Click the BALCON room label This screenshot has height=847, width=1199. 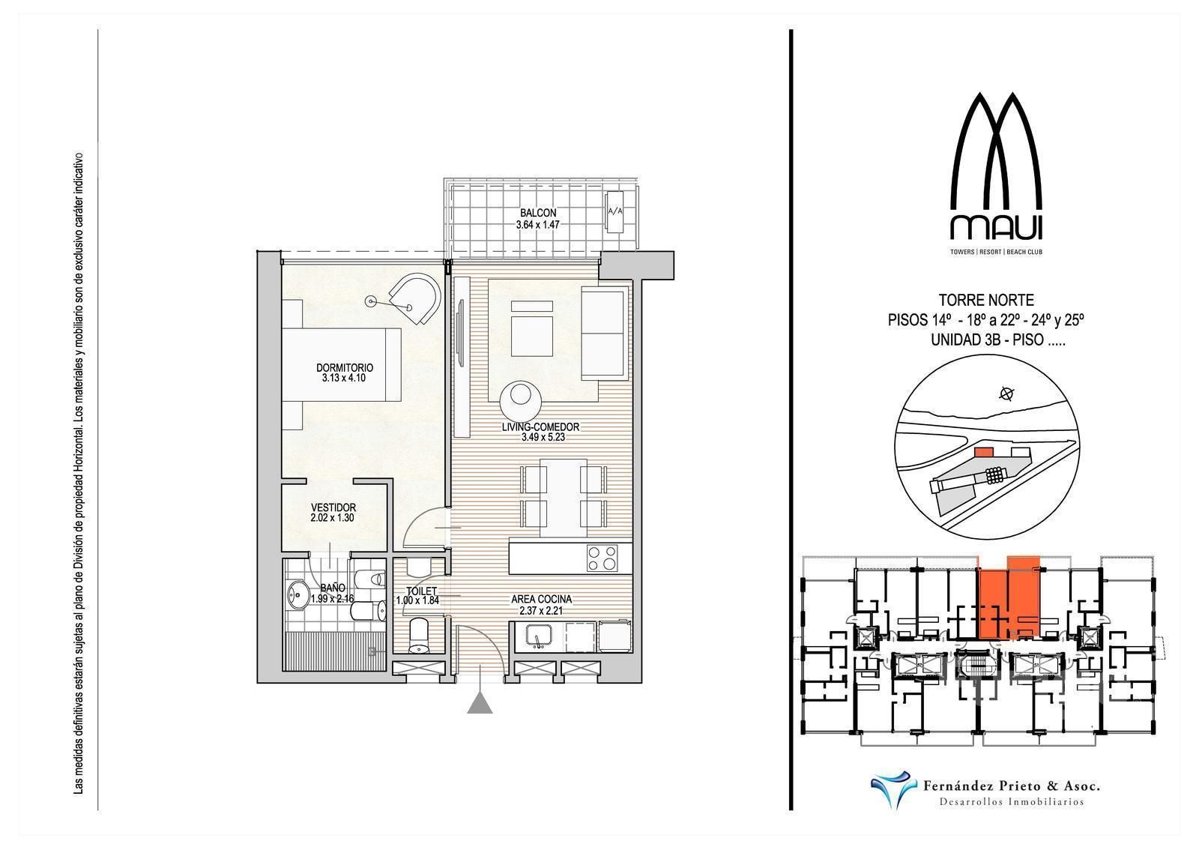tap(538, 213)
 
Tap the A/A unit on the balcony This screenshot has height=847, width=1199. tap(615, 212)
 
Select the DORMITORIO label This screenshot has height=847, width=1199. tap(345, 368)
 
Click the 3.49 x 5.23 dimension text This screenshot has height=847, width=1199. tap(543, 437)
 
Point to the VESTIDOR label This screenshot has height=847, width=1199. tap(333, 507)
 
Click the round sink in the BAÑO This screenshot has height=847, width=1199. tap(295, 594)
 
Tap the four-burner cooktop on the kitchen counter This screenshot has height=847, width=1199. tap(602, 558)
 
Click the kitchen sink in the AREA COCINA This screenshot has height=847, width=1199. tap(537, 636)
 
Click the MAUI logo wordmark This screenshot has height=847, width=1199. tap(996, 227)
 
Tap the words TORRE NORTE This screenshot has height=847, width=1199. tap(986, 300)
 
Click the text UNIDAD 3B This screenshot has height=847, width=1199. tap(966, 340)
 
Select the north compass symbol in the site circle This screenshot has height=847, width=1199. tap(1007, 394)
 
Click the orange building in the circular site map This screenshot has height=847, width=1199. tap(983, 453)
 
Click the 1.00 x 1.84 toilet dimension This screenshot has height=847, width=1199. tap(417, 600)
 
